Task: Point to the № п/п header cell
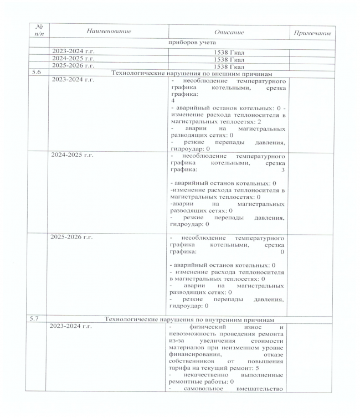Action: pyautogui.click(x=39, y=32)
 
